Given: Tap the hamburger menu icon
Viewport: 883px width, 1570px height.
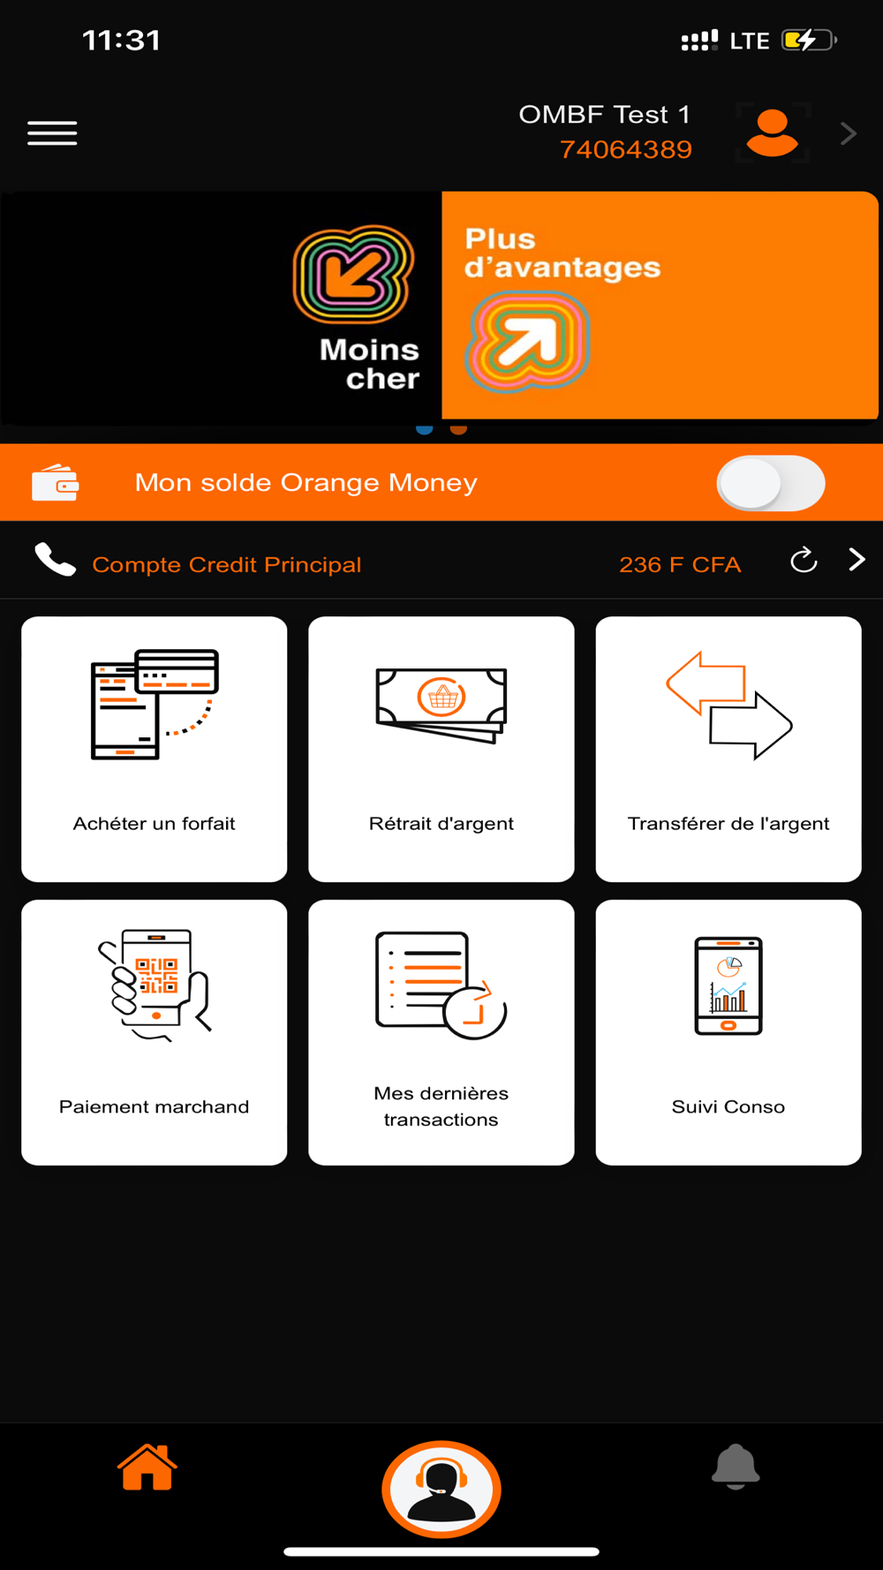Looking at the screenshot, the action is click(x=52, y=132).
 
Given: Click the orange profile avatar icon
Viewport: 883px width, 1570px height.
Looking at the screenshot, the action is click(x=773, y=133).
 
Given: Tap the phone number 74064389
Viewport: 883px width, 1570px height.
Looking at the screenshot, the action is click(x=626, y=149).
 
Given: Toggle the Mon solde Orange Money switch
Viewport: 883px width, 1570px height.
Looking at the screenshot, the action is click(x=771, y=483).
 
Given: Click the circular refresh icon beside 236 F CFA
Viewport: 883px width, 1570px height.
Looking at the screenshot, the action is click(x=804, y=560).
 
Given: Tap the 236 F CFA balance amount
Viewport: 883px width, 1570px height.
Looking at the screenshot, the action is click(x=680, y=564).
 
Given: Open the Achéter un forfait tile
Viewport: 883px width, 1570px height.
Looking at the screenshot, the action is click(x=155, y=749).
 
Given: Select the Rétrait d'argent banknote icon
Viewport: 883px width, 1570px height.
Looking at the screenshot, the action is click(x=441, y=705).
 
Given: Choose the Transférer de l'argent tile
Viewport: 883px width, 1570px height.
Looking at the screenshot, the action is click(x=728, y=749).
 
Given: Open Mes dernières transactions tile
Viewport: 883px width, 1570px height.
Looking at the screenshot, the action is click(x=441, y=1032).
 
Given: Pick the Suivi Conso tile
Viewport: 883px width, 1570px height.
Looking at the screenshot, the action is click(x=728, y=1032).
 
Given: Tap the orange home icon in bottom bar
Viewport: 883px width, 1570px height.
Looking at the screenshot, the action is click(x=147, y=1468).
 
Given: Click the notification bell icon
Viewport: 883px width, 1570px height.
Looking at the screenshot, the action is click(x=736, y=1467).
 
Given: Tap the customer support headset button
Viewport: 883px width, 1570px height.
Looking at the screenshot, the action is click(x=441, y=1490).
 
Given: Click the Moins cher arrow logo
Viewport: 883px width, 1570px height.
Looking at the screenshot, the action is click(x=353, y=275).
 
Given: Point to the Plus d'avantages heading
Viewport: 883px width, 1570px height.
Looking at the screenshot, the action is click(x=562, y=253).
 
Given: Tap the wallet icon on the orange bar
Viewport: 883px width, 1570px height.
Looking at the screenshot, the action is click(x=56, y=482).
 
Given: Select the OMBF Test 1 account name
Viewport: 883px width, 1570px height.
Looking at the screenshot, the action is click(x=604, y=115).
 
